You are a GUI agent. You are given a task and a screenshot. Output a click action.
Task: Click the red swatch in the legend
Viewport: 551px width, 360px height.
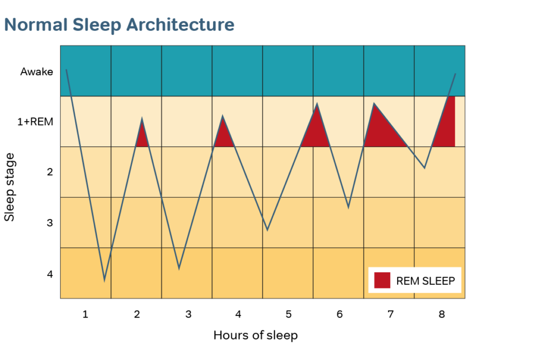(382, 280)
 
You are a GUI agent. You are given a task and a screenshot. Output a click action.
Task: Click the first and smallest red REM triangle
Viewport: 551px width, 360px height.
(142, 137)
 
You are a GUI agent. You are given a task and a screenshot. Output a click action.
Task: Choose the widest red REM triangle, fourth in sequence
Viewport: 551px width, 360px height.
(380, 132)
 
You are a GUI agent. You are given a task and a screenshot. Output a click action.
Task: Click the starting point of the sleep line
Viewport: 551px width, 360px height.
(66, 69)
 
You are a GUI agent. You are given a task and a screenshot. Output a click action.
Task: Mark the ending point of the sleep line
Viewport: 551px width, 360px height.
(456, 74)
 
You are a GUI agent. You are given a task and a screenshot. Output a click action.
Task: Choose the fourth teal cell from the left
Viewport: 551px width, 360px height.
(237, 71)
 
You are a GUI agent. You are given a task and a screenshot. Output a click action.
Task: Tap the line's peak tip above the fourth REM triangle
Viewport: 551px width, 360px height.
(373, 103)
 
